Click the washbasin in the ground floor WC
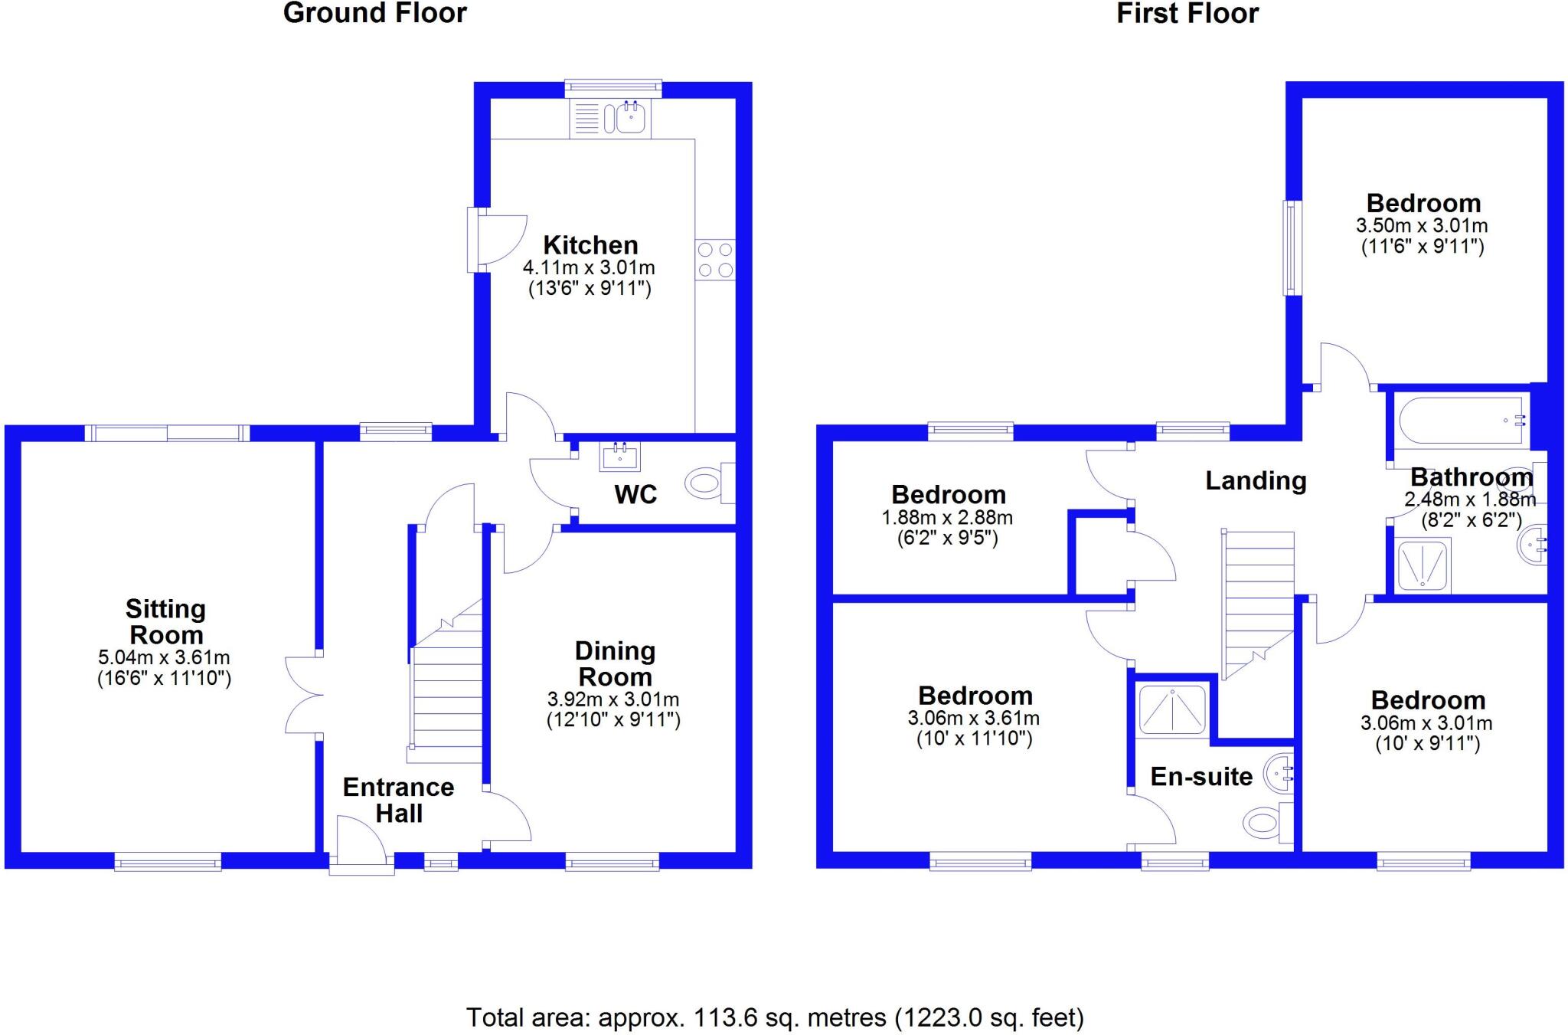(x=620, y=457)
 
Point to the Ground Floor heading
(x=375, y=14)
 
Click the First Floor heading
(x=1187, y=14)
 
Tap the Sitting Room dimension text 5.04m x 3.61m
(x=164, y=657)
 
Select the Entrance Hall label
(x=398, y=800)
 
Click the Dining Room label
(x=615, y=663)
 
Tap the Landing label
(x=1256, y=481)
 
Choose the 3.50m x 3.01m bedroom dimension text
(x=1422, y=226)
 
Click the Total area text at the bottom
(x=775, y=1017)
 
